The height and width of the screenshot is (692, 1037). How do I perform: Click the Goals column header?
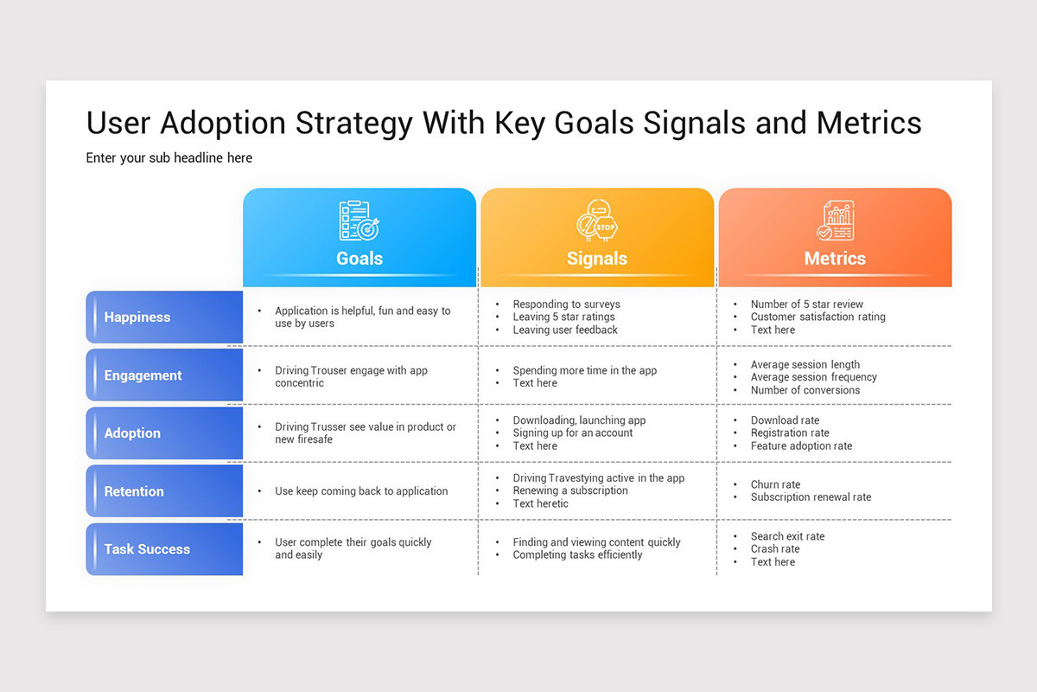point(359,258)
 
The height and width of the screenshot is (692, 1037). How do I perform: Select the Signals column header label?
point(597,258)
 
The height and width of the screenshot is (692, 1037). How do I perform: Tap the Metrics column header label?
point(835,258)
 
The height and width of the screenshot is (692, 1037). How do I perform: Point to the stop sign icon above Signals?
point(597,221)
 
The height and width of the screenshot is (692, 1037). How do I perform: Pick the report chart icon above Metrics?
point(835,221)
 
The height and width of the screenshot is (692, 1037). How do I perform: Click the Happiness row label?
point(137,317)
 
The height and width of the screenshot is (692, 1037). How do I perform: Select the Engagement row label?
point(143,375)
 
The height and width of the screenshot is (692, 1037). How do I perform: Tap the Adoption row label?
point(132,433)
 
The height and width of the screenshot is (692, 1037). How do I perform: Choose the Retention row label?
point(134,491)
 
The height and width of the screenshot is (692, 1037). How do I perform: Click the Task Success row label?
point(147,549)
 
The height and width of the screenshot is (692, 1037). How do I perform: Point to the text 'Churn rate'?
point(775,484)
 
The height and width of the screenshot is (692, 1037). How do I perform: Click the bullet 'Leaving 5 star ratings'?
point(563,317)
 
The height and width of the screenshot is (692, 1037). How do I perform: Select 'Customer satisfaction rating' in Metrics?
point(818,317)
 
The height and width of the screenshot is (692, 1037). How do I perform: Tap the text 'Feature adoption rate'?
point(801,446)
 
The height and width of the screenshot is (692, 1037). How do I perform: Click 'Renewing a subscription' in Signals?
point(570,490)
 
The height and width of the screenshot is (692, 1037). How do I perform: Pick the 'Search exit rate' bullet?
point(787,536)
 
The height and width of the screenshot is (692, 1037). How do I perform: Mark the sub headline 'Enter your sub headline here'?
point(169,157)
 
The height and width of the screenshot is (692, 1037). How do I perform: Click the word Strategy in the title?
point(353,123)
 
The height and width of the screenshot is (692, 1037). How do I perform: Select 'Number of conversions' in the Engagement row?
point(805,390)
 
